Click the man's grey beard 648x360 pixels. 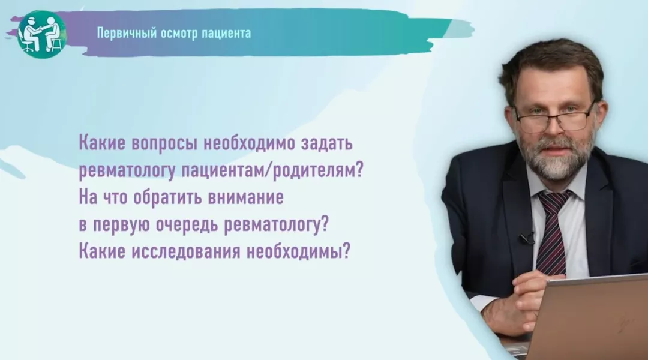point(555,159)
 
